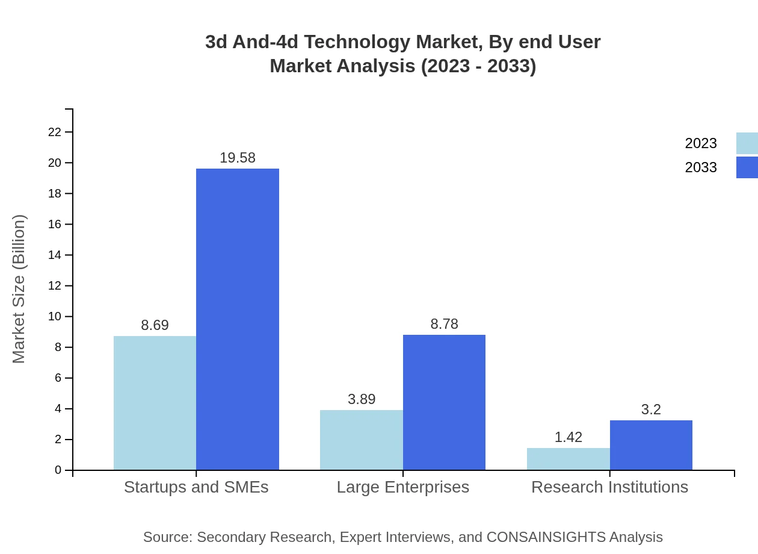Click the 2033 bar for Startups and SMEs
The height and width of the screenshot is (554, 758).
coord(238,319)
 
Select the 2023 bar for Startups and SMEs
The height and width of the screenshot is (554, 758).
coord(155,403)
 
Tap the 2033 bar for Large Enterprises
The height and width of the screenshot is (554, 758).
coord(444,402)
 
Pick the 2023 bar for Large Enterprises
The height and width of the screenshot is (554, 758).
coord(362,440)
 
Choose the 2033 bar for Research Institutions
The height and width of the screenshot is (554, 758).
coord(651,445)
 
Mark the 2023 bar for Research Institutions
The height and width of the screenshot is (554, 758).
coord(568,459)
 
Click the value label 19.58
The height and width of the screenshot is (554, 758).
coord(238,158)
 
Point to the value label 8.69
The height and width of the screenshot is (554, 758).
coord(155,325)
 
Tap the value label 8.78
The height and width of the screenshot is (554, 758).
coord(444,324)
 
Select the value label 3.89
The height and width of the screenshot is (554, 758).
coord(362,399)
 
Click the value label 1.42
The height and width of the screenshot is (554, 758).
coord(568,437)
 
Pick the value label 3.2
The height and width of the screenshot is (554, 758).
coord(651,409)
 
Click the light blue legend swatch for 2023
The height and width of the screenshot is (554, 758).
coord(747,143)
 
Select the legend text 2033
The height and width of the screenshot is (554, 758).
coord(701,167)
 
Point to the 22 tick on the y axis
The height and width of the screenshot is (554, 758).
coord(55,132)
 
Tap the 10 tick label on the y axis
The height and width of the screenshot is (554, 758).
coord(55,317)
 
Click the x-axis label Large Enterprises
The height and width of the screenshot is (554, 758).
coord(402,487)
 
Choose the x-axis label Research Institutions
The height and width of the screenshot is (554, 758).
coord(609,487)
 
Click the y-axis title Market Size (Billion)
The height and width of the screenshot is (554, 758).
coord(19,289)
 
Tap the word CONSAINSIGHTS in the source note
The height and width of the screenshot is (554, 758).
coord(546,537)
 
